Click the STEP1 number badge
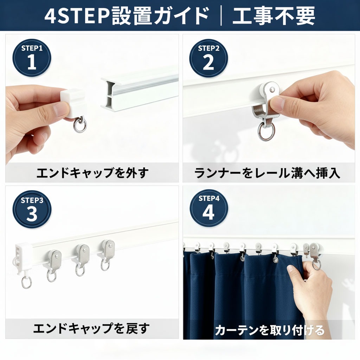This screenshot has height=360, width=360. pyautogui.click(x=32, y=58)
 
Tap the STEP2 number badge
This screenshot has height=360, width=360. pyautogui.click(x=208, y=58)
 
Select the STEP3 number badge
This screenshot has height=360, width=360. pyautogui.click(x=32, y=210)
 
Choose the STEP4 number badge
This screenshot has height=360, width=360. pyautogui.click(x=209, y=208)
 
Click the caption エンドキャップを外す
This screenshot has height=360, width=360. pyautogui.click(x=92, y=173)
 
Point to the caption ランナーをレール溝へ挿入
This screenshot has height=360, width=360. pyautogui.click(x=267, y=173)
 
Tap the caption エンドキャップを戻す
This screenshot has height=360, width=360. pyautogui.click(x=91, y=328)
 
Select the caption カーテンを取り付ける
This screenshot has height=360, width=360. pyautogui.click(x=270, y=330)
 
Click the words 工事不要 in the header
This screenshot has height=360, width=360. pyautogui.click(x=274, y=15)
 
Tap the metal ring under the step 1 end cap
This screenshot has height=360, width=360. pyautogui.click(x=80, y=125)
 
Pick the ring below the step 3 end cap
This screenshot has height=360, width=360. pyautogui.click(x=26, y=282)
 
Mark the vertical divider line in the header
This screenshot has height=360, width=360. pyautogui.click(x=221, y=16)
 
